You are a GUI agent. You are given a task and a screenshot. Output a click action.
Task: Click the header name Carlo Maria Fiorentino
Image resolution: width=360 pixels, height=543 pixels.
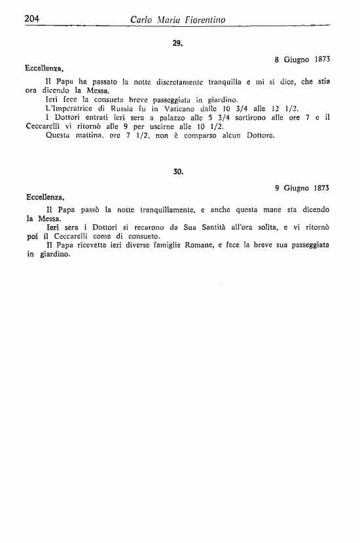point(177,20)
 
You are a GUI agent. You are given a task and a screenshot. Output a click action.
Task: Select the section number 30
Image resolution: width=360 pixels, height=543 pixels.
point(177,172)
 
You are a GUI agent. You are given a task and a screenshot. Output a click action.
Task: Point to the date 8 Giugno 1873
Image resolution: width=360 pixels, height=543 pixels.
point(302,58)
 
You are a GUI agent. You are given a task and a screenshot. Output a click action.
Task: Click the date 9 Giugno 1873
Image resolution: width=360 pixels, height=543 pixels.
point(302,187)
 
